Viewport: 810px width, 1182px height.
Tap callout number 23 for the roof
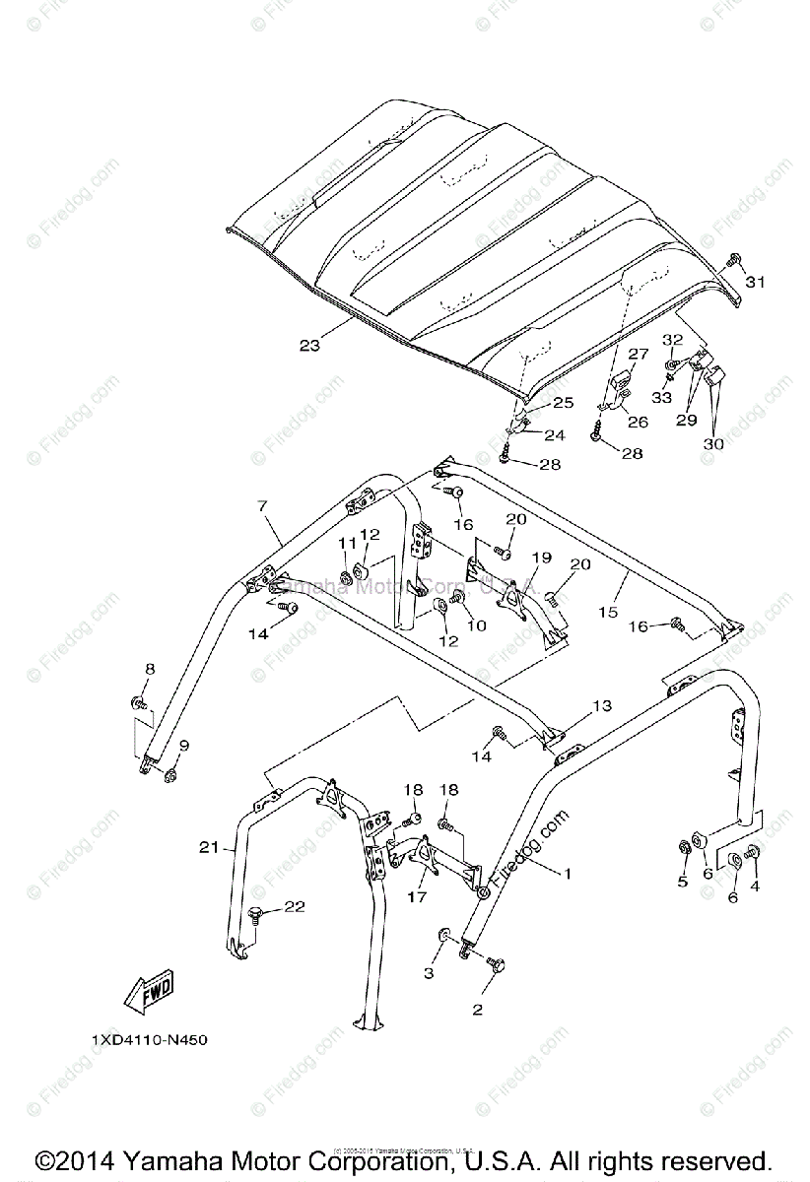click(x=309, y=346)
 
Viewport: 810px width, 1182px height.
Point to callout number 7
click(x=261, y=506)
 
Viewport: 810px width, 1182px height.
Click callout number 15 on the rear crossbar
click(x=607, y=612)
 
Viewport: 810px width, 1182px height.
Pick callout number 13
click(x=601, y=706)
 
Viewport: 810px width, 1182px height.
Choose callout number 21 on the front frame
click(x=208, y=847)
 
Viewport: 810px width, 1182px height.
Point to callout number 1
click(x=567, y=874)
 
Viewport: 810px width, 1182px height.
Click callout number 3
click(x=429, y=973)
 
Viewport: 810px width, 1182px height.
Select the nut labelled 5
click(x=683, y=847)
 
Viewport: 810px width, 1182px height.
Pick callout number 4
click(x=756, y=886)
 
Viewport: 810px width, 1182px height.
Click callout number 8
click(x=150, y=669)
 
